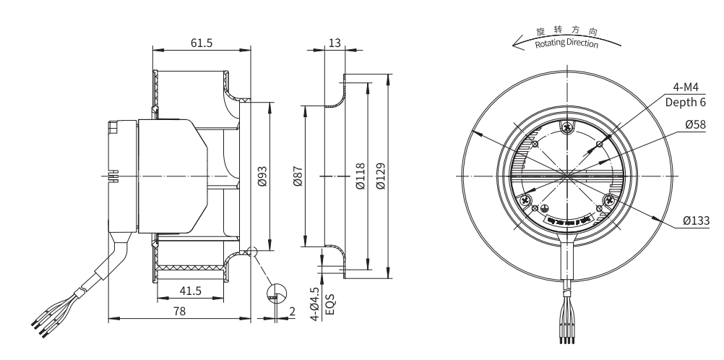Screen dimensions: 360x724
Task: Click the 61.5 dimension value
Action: coord(202,43)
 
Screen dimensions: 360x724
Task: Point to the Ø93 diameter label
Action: coord(263,176)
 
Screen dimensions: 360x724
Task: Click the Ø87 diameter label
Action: coord(298,176)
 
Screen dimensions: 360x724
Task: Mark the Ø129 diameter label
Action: coord(381,176)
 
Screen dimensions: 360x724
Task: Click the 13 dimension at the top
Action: coord(334,43)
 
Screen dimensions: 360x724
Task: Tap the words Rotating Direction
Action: coord(566,44)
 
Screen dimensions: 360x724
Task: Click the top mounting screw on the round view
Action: coord(567,129)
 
